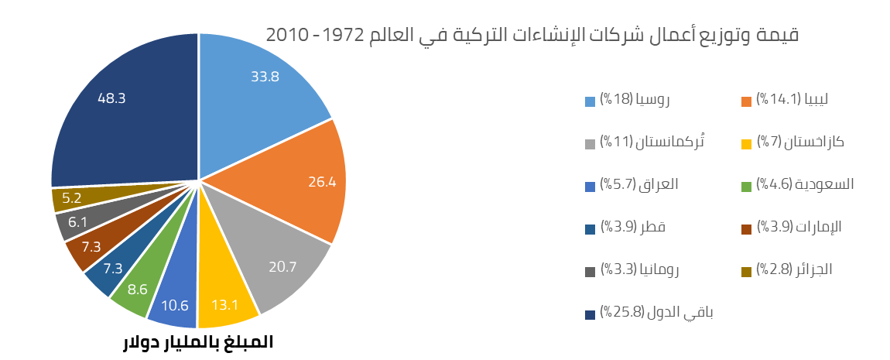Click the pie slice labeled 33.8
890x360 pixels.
(263, 85)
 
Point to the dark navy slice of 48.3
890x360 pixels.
(124, 108)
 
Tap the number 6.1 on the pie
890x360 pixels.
(77, 221)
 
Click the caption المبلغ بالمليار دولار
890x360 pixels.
(198, 341)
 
